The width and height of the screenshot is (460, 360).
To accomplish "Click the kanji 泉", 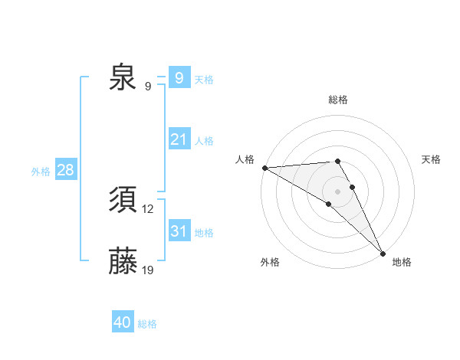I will coord(123,77).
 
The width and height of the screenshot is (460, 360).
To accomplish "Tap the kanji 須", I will coord(123,201).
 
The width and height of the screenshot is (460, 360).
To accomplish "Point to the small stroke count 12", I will coord(148,208).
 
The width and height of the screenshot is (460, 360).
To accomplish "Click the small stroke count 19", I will coord(148,270).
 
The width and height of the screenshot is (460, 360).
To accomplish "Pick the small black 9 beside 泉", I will coord(147,86).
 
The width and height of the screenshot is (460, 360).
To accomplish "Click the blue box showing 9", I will coord(179,77).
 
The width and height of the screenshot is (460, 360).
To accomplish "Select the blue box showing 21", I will coord(179,139).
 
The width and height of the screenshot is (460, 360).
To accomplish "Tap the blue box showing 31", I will coord(179,231).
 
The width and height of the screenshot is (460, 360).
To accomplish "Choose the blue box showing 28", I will coord(65,170).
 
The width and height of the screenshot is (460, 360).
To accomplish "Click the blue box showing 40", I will coord(123,323).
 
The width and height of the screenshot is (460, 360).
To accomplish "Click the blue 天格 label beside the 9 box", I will coord(204,80).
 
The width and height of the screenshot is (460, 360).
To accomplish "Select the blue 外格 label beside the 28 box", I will coord(41,172).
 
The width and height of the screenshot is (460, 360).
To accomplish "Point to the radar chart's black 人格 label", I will coord(245,159).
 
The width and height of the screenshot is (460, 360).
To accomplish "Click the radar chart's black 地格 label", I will coord(402,262).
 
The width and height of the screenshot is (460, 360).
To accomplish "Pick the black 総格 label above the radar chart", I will coord(338,100).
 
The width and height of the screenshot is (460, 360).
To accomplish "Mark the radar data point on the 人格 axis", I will coord(264,168).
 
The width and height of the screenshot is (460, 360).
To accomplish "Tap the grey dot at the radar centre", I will coord(338,191).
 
